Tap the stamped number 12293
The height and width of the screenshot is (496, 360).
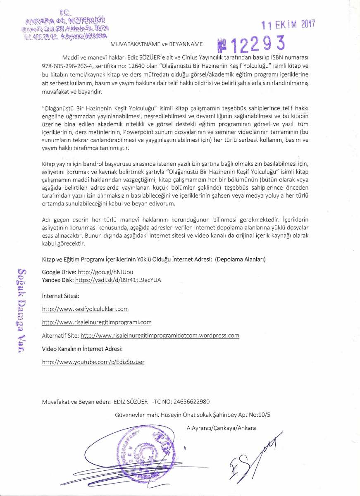(252, 42)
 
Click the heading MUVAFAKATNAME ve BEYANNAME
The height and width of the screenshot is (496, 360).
(156, 43)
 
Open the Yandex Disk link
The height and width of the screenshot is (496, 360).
(118, 280)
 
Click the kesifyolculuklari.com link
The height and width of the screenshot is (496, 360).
(86, 309)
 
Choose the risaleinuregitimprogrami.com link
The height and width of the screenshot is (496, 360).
(97, 322)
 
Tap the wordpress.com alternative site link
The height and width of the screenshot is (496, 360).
(160, 335)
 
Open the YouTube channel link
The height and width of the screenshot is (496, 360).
(93, 362)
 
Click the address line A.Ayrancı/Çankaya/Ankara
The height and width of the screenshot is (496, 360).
(221, 428)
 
